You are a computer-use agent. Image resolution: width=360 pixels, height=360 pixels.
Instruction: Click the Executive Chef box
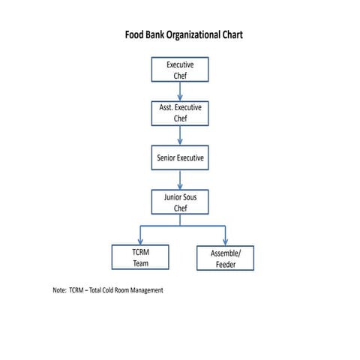point(180,70)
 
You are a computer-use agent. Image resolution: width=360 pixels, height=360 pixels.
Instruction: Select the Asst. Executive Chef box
point(180,113)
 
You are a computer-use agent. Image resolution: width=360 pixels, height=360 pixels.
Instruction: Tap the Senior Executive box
point(180,158)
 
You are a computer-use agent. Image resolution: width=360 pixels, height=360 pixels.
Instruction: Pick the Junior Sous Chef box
point(180,202)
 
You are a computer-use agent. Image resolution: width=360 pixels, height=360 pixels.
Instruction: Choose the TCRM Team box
point(140,258)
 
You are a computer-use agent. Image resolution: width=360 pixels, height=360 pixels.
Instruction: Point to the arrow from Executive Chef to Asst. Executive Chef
point(180,91)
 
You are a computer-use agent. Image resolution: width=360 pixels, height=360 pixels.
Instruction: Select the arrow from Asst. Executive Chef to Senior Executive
point(180,135)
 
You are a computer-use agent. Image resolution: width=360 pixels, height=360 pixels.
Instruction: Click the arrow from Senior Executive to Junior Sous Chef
point(180,180)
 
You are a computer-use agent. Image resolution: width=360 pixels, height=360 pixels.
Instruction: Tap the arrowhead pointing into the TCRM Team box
point(140,241)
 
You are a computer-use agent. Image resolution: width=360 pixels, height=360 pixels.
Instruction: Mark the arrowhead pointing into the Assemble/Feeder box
point(225,241)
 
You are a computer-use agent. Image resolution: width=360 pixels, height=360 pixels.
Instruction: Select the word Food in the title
point(133,35)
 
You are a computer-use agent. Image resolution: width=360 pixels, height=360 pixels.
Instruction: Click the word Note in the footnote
point(59,289)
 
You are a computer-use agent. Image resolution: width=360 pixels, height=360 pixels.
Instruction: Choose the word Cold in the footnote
point(103,289)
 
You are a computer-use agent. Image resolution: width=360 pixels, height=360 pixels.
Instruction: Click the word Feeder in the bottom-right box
point(225,265)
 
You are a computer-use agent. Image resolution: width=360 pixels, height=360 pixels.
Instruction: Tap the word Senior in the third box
point(167,158)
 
